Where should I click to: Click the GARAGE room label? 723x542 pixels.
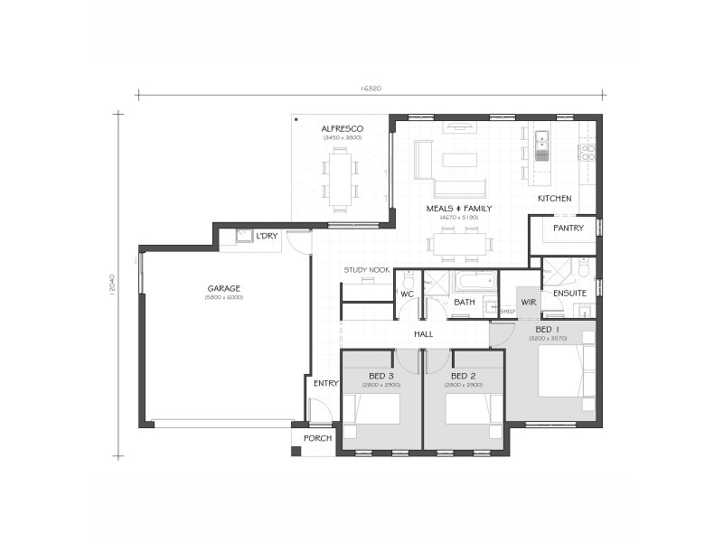223,288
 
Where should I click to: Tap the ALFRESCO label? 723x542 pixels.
342,129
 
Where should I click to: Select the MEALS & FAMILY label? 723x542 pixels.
458,209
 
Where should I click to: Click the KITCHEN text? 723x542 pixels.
555,198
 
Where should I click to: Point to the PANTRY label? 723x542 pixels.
568,229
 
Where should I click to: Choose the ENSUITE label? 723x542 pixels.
569,294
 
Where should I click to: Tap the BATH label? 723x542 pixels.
465,303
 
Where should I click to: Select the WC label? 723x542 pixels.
408,294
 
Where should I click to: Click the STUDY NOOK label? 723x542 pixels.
366,270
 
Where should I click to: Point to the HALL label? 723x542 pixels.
423,334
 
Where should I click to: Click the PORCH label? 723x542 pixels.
317,439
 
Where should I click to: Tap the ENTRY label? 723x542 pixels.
325,383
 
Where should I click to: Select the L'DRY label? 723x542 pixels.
267,236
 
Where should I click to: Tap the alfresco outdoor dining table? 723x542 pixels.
341,178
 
